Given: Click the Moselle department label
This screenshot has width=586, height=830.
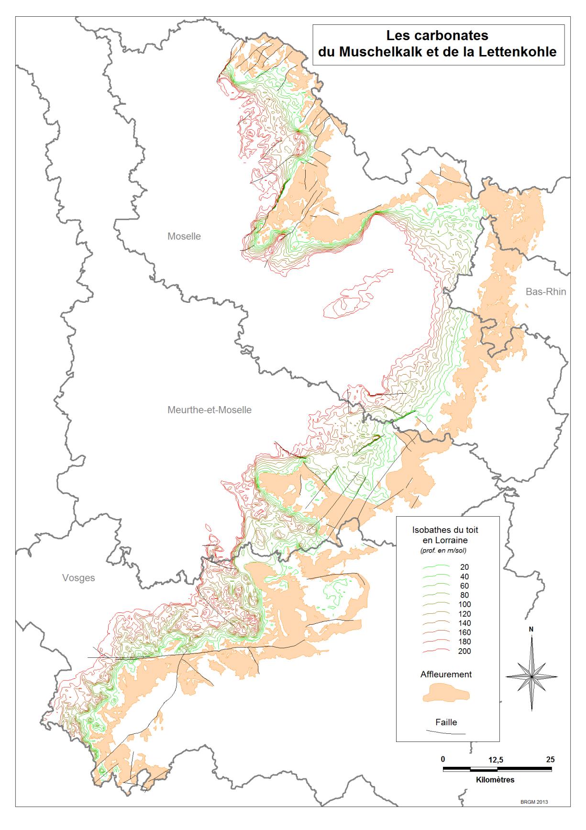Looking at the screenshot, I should [184, 236].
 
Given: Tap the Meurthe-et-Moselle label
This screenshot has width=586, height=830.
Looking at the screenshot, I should [209, 410].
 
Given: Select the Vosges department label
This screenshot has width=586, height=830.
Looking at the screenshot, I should [78, 578].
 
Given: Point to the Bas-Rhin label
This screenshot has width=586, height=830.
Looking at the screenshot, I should [545, 292].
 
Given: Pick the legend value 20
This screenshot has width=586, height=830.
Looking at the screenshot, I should [464, 567].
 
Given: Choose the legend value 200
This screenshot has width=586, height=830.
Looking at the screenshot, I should [464, 651].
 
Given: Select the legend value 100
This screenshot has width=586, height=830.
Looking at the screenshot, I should [464, 604].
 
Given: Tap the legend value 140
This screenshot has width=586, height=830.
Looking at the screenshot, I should [464, 623].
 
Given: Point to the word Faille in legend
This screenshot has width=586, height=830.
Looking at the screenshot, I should [446, 722].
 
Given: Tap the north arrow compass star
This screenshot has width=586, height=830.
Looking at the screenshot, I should [531, 677].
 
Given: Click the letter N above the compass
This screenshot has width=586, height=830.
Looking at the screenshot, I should [531, 630].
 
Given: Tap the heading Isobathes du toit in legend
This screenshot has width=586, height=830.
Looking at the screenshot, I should [445, 530].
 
